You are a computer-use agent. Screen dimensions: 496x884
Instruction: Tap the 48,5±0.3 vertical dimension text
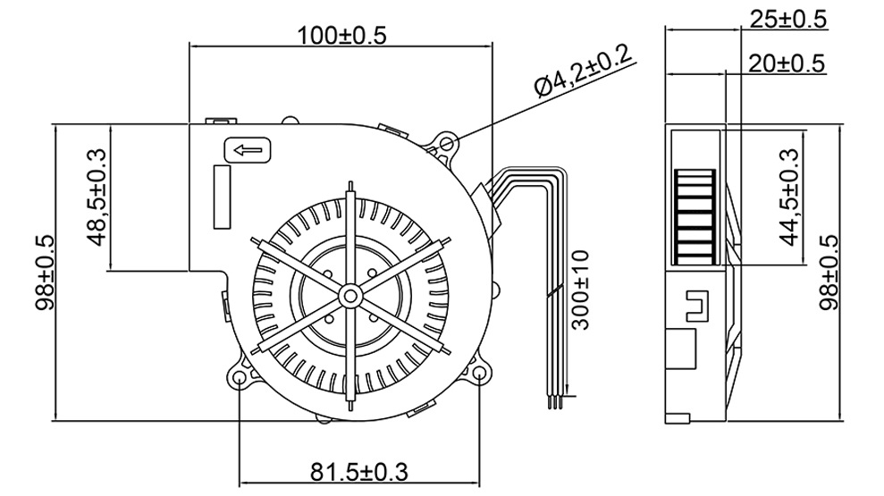coord(97,197)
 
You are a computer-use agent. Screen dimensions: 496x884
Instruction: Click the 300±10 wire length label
coord(582,290)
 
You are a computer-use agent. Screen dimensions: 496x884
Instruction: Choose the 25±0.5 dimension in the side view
coord(788,20)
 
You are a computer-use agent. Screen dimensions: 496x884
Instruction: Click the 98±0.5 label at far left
coord(43,272)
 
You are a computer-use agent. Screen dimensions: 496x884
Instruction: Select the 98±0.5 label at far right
coord(830,272)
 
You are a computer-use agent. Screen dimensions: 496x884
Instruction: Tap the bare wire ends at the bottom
coord(556,402)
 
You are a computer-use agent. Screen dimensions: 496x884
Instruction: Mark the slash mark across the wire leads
coord(555,290)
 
